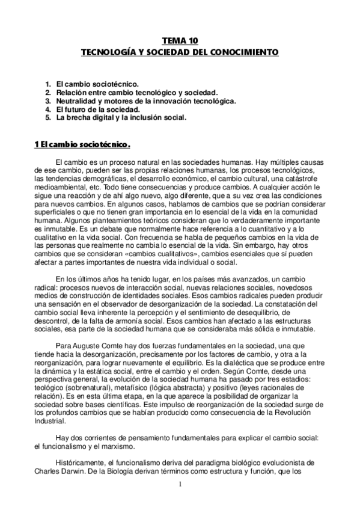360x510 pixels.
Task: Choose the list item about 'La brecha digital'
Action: tap(121, 118)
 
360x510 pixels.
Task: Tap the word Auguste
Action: tap(90, 361)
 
